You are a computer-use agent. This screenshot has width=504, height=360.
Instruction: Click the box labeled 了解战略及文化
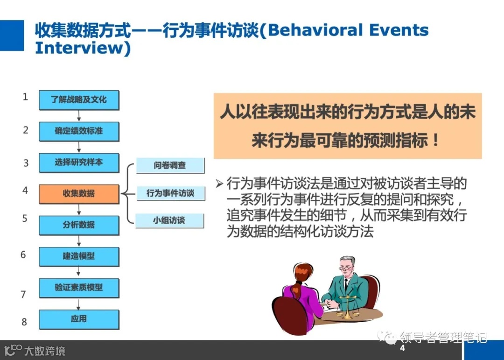(78, 100)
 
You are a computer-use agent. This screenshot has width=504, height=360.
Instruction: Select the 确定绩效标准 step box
(78, 131)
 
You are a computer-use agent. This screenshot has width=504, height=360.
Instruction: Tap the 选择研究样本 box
(78, 162)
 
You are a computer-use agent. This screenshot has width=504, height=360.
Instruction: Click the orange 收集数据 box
(78, 193)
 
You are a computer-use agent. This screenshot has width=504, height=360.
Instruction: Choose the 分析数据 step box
(78, 225)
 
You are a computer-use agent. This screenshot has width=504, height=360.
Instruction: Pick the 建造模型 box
(78, 256)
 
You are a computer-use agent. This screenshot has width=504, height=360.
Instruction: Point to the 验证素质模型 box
(78, 288)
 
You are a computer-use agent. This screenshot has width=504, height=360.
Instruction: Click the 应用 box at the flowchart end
(78, 319)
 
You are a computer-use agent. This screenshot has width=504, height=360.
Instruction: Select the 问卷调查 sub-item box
(170, 165)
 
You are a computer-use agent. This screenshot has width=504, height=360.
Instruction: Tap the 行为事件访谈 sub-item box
(170, 193)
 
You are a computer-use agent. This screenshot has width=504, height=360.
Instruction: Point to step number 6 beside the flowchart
(23, 255)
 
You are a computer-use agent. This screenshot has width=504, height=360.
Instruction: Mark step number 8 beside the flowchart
(24, 322)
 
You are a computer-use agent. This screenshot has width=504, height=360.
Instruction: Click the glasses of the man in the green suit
(346, 268)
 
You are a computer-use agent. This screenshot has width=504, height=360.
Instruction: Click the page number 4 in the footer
(402, 349)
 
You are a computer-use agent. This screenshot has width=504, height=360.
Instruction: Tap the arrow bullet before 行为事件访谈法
(219, 183)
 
